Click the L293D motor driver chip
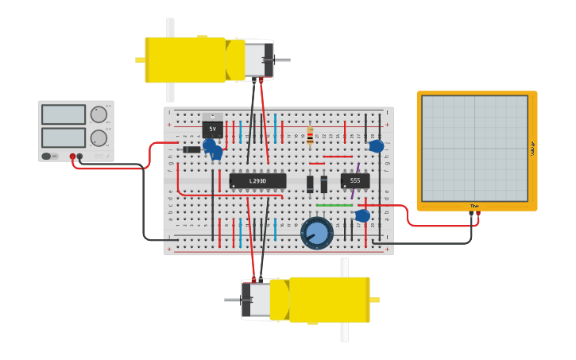click(x=257, y=181)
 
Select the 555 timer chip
click(x=354, y=181)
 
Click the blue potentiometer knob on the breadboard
click(x=318, y=233)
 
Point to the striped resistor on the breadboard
click(x=310, y=133)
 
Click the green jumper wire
click(x=334, y=205)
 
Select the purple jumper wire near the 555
click(x=358, y=168)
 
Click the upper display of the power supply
click(x=64, y=114)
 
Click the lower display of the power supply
click(x=64, y=137)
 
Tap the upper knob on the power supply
click(x=99, y=114)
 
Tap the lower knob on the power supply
click(x=99, y=138)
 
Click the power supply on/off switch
click(x=48, y=157)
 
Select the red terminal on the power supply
click(x=72, y=157)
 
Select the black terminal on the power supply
click(x=79, y=157)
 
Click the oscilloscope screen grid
click(x=474, y=148)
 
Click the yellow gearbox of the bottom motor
click(x=328, y=300)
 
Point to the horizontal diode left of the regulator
click(x=191, y=149)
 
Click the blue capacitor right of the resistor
click(x=377, y=146)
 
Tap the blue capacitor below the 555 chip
click(x=363, y=215)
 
